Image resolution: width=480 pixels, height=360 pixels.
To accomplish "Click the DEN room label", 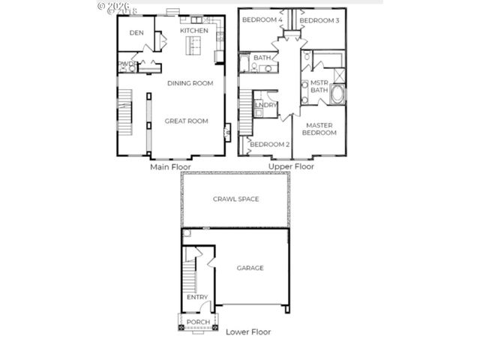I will pyautogui.click(x=136, y=33).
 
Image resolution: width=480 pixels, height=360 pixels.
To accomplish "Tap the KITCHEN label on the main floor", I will pyautogui.click(x=193, y=31).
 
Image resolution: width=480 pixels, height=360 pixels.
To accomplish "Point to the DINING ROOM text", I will pyautogui.click(x=190, y=83).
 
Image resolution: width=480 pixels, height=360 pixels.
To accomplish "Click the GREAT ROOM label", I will pyautogui.click(x=187, y=121).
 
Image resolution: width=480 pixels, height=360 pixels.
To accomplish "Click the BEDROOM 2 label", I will pyautogui.click(x=269, y=144).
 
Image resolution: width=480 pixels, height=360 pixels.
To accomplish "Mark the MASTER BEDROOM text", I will pyautogui.click(x=319, y=128).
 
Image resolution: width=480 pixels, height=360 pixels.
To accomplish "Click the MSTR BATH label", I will pyautogui.click(x=319, y=86).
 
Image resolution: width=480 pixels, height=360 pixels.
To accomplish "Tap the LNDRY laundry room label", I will pyautogui.click(x=265, y=106).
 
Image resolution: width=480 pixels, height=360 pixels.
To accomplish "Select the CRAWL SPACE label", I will pyautogui.click(x=235, y=199).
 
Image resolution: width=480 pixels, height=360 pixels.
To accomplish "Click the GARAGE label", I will pyautogui.click(x=250, y=268).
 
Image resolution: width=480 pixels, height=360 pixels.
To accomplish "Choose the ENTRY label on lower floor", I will pyautogui.click(x=197, y=297).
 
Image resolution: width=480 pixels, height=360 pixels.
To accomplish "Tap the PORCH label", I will pyautogui.click(x=198, y=322).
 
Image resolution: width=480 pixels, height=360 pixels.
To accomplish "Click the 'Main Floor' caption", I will pyautogui.click(x=170, y=167).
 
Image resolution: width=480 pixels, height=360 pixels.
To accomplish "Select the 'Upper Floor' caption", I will pyautogui.click(x=291, y=167).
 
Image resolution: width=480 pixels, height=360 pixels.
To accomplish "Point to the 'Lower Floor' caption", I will pyautogui.click(x=248, y=331).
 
